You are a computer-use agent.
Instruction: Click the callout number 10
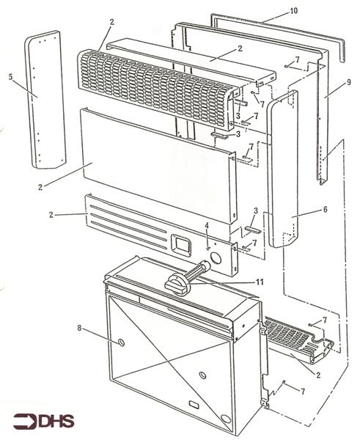click(x=273, y=12)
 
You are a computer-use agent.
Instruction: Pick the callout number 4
click(x=207, y=225)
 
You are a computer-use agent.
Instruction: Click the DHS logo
click(x=41, y=421)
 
